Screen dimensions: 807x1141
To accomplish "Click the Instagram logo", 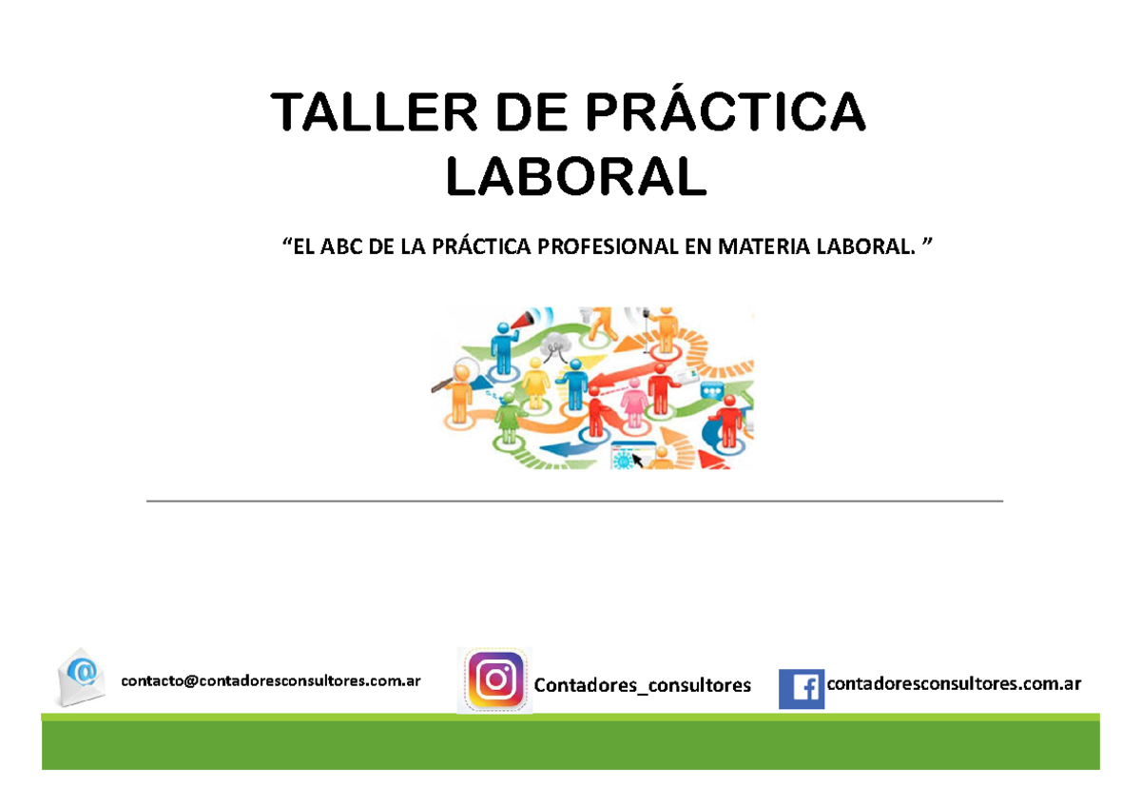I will (x=494, y=681).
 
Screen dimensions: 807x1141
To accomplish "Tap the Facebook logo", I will (x=802, y=688).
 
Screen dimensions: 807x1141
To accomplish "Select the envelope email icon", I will (x=82, y=677).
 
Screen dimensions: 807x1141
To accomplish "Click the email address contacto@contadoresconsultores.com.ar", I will (x=270, y=680).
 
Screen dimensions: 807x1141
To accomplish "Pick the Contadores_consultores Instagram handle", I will (x=643, y=685).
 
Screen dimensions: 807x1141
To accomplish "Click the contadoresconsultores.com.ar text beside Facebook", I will (x=955, y=683).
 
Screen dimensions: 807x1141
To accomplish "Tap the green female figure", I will (x=510, y=418).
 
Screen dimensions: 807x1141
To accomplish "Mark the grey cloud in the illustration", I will (x=555, y=349).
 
